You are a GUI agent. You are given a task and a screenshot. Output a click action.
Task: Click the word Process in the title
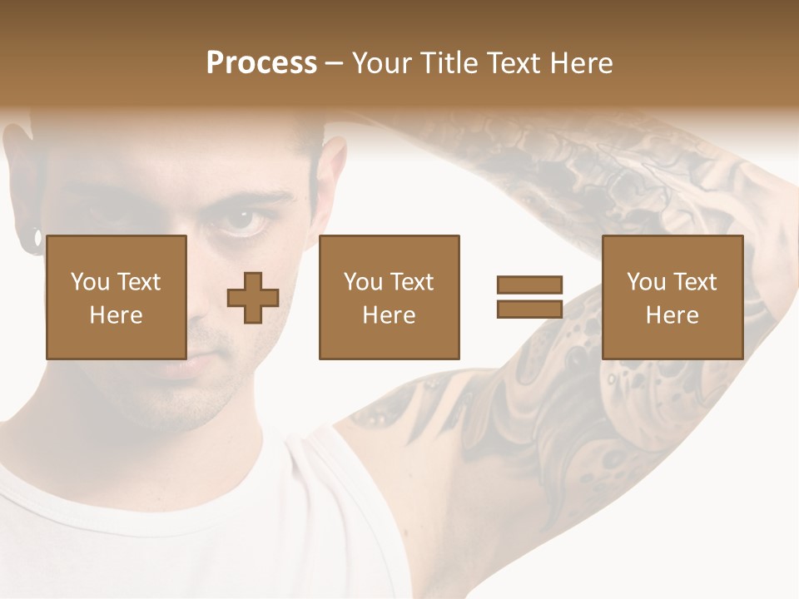click(261, 63)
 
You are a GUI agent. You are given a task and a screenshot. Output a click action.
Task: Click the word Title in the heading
click(449, 63)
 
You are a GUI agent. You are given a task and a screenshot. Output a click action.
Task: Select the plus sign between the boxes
click(253, 298)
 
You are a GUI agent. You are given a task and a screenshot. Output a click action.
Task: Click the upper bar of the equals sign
click(529, 285)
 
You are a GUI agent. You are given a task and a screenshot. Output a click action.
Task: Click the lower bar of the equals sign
click(529, 309)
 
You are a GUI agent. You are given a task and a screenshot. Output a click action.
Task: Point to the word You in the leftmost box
click(91, 282)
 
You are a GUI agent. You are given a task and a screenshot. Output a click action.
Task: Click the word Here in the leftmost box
click(116, 315)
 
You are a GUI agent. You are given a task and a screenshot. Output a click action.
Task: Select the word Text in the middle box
click(412, 282)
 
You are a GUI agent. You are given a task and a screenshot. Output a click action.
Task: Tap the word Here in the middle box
click(389, 315)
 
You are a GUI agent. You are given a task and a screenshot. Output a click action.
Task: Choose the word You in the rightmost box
click(647, 282)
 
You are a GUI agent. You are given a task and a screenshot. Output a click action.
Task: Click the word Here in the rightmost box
click(672, 315)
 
